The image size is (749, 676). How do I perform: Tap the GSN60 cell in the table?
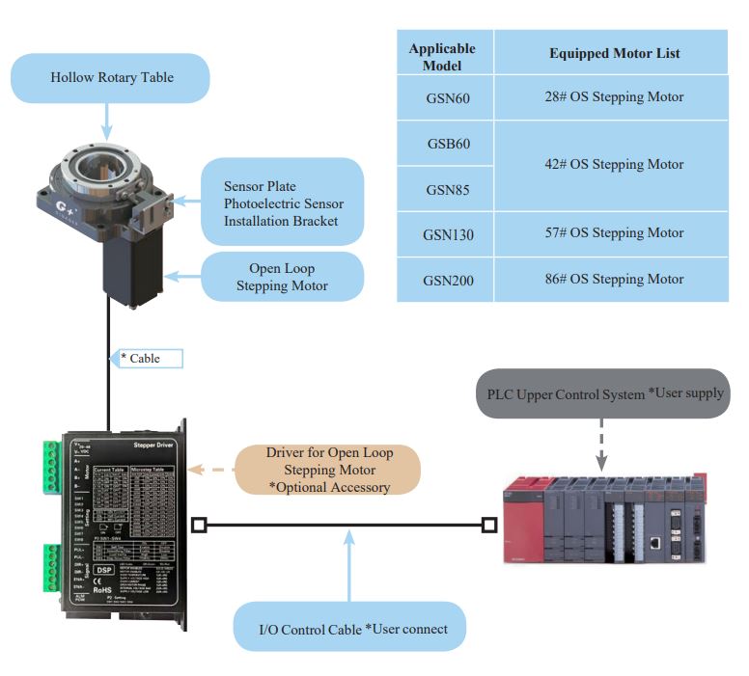(x=447, y=97)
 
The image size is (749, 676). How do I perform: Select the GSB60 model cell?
(x=447, y=144)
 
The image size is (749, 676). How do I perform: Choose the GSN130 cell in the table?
(x=447, y=233)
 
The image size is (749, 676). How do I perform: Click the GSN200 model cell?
(x=447, y=280)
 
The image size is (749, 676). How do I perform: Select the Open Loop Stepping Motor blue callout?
(x=282, y=277)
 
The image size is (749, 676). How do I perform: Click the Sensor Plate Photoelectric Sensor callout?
(x=283, y=203)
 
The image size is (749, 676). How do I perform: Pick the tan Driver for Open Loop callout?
(x=329, y=470)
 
